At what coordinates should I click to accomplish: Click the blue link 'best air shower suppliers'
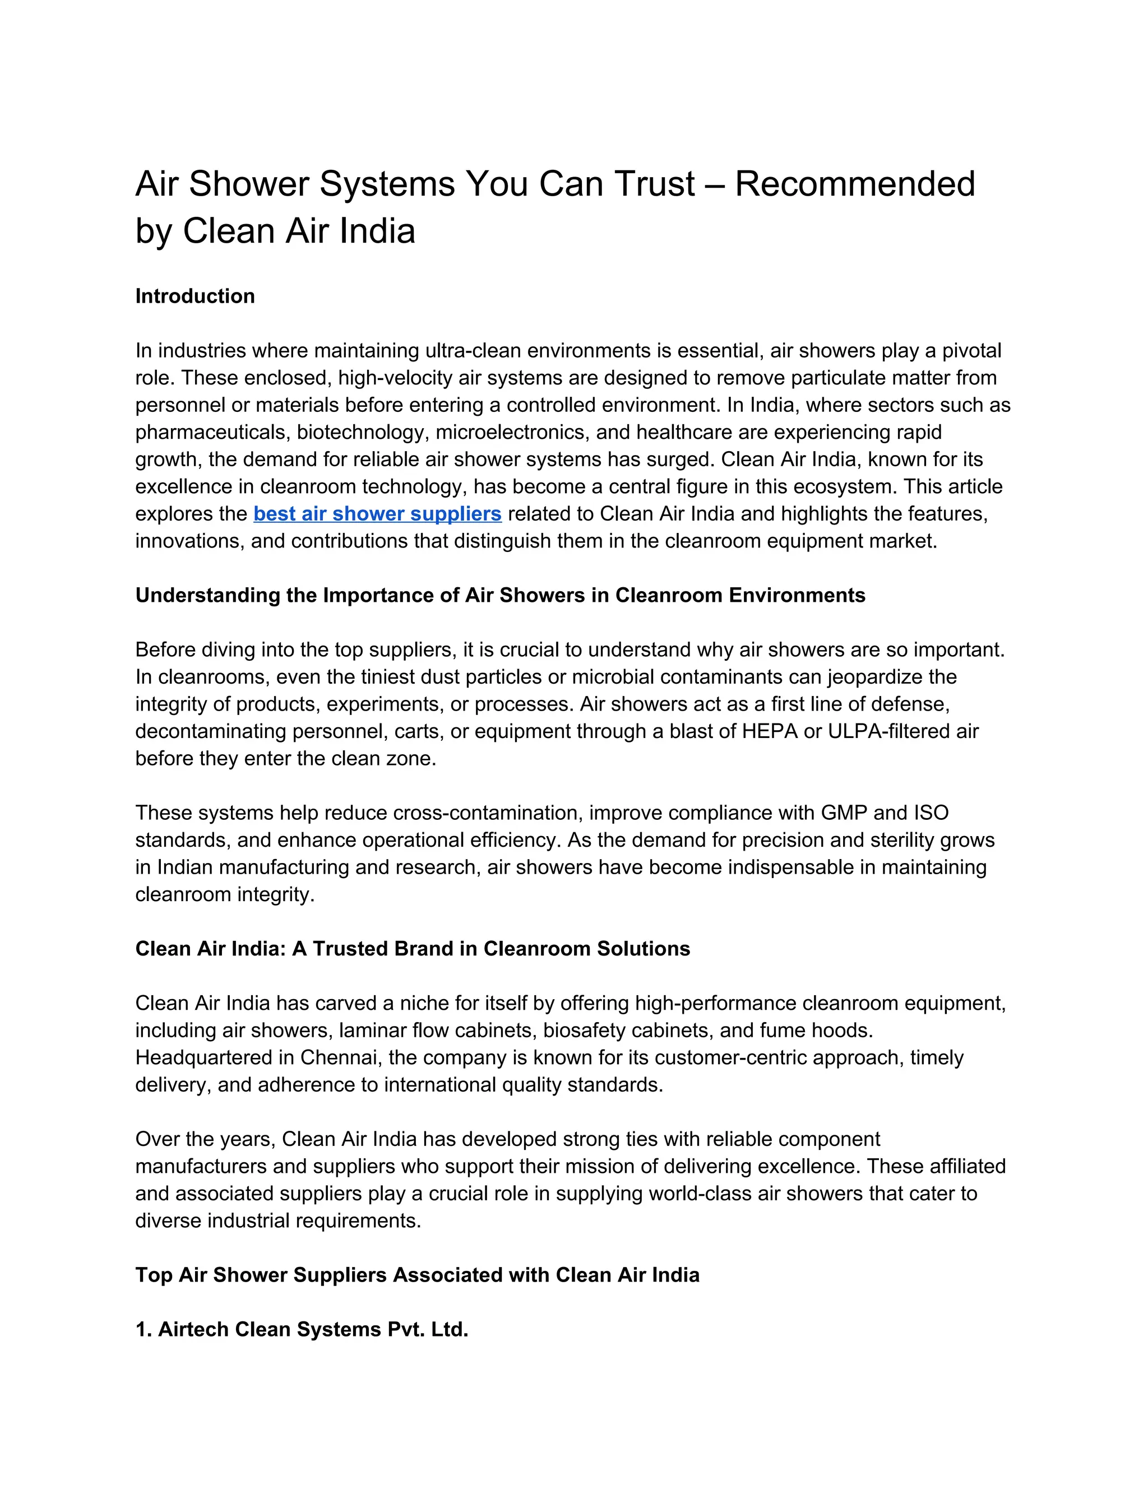coord(377,514)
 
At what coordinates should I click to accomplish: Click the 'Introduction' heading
coord(195,296)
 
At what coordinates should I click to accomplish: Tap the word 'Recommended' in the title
coord(855,184)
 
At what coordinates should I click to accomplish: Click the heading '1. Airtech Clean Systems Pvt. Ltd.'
coord(302,1329)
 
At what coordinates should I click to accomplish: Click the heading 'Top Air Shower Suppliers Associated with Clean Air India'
coord(417,1275)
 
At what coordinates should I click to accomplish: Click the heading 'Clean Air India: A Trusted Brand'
coord(412,949)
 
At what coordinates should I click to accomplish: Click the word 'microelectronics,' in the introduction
coord(513,433)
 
